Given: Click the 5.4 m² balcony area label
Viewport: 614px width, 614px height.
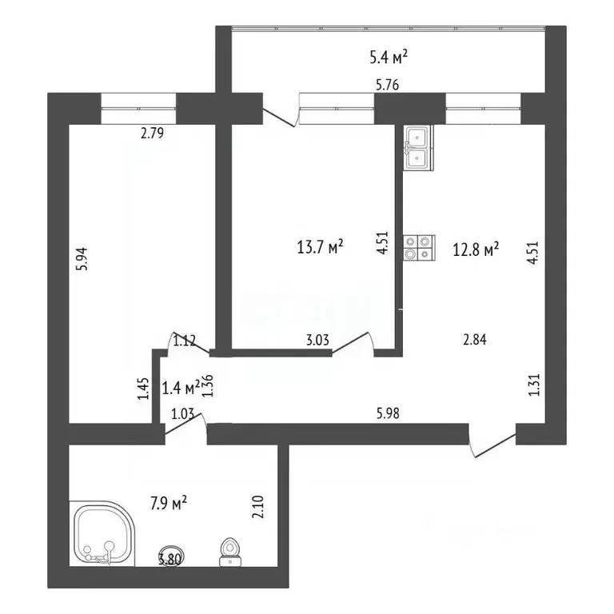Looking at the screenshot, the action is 388,58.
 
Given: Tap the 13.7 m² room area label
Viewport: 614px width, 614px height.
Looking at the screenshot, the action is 320,247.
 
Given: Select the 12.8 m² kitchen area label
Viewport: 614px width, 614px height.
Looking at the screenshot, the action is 476,249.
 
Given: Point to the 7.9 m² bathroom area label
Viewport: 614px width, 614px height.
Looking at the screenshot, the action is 169,503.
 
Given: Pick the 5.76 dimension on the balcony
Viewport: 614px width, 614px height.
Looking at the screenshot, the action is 387,85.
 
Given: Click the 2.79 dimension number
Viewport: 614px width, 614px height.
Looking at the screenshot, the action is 152,134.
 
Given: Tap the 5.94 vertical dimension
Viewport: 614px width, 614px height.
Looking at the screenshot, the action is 83,258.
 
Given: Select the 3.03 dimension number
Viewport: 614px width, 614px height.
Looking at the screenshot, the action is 317,340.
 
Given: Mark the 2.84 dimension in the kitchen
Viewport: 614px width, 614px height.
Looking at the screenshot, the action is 475,340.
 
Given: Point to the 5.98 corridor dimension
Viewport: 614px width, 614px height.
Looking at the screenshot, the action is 388,413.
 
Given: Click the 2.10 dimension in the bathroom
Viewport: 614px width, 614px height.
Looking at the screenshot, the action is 258,507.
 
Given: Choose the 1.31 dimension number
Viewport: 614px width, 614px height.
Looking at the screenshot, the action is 534,385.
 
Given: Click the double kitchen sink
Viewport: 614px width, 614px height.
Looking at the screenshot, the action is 419,149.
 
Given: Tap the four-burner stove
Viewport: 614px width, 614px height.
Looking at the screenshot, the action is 419,248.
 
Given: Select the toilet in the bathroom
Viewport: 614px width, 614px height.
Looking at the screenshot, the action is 230,552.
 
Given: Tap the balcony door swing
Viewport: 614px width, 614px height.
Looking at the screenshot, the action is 280,117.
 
